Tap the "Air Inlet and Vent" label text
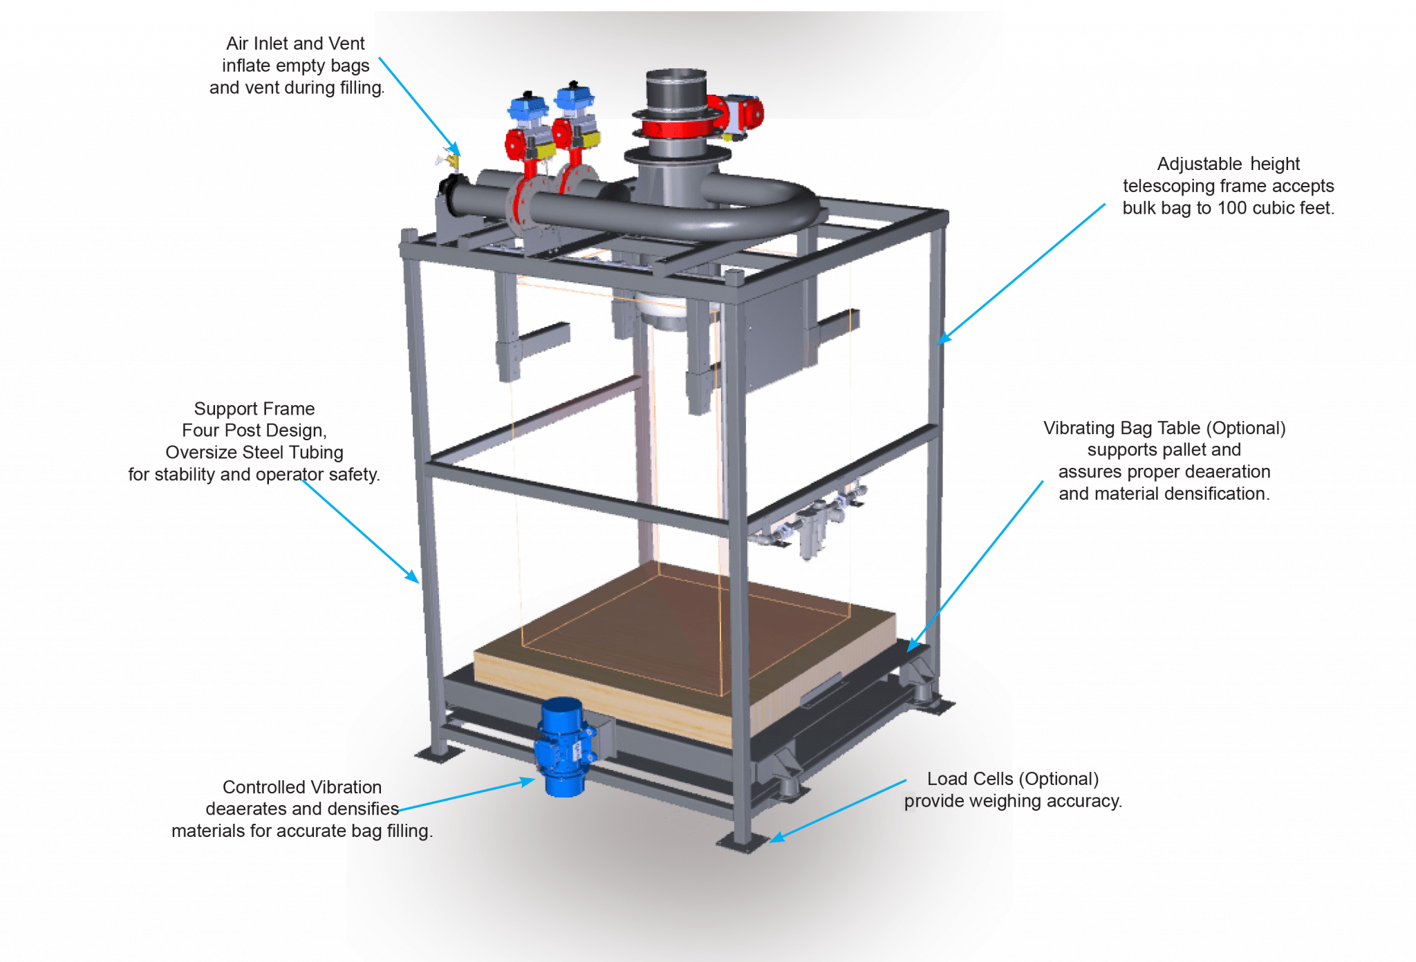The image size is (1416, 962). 295,44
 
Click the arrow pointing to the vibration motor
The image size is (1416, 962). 470,795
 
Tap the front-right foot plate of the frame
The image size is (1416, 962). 743,842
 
